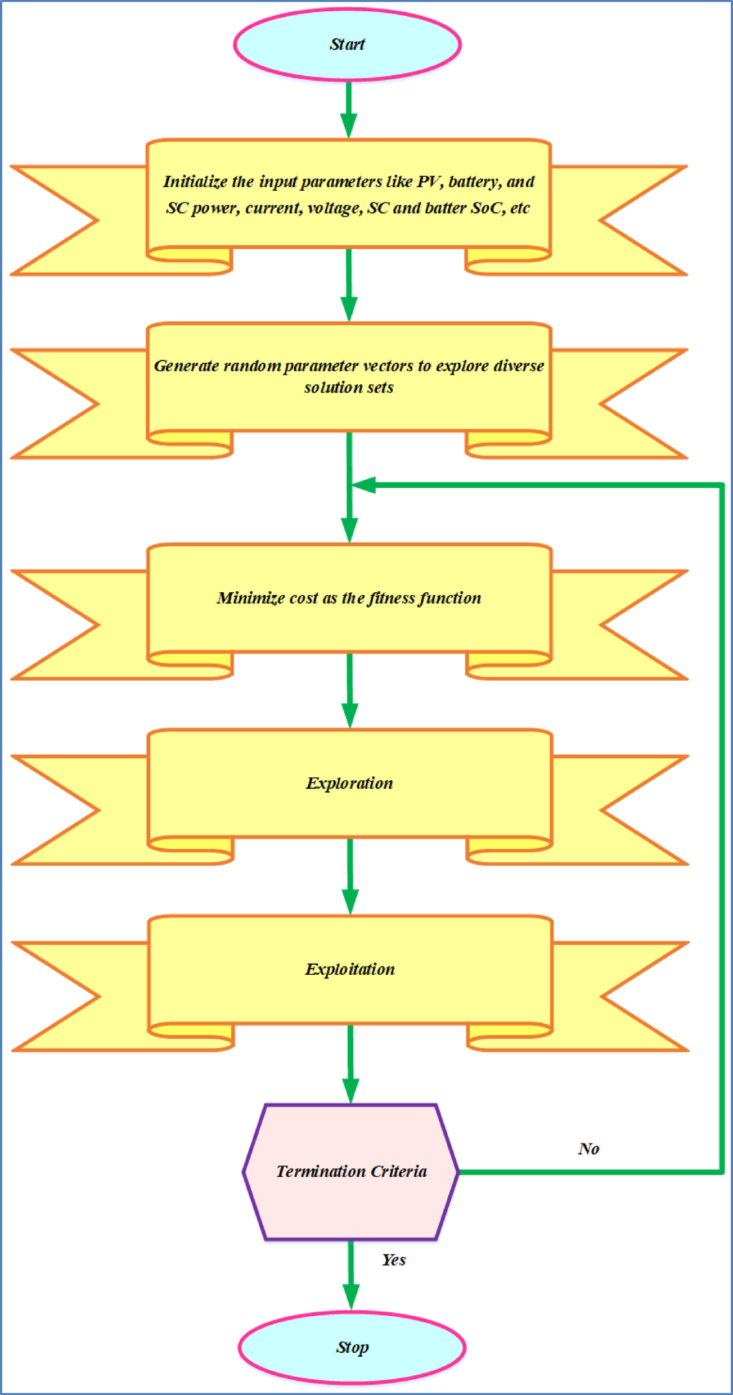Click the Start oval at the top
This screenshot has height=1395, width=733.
pos(347,44)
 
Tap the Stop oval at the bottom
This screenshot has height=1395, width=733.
pos(352,1347)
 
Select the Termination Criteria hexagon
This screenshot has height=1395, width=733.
pos(351,1172)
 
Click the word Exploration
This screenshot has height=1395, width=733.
pos(349,783)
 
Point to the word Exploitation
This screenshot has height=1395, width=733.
pos(350,969)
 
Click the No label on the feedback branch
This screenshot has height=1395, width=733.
pos(588,1149)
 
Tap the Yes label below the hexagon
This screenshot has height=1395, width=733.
pos(394,1259)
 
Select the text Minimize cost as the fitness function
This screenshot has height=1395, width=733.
pos(349,597)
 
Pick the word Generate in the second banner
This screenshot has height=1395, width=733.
pos(186,366)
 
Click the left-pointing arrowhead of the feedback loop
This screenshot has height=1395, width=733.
pos(365,485)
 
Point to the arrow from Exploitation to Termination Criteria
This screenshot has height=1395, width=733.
pos(350,1063)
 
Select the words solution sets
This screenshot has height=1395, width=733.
pos(349,388)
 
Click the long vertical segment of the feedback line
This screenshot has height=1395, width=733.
pos(722,827)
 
